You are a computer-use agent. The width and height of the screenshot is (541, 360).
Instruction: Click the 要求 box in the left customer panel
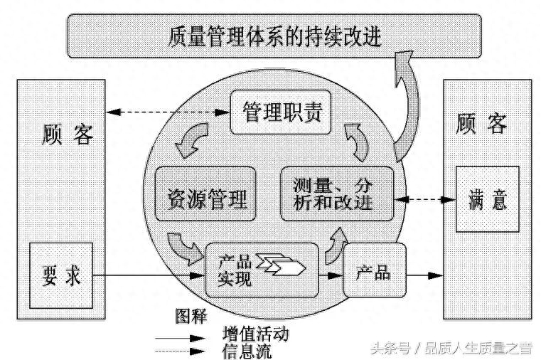61,275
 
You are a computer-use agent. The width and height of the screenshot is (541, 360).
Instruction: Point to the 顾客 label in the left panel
63,134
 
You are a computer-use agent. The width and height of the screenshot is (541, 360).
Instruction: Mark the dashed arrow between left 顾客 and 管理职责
168,112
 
